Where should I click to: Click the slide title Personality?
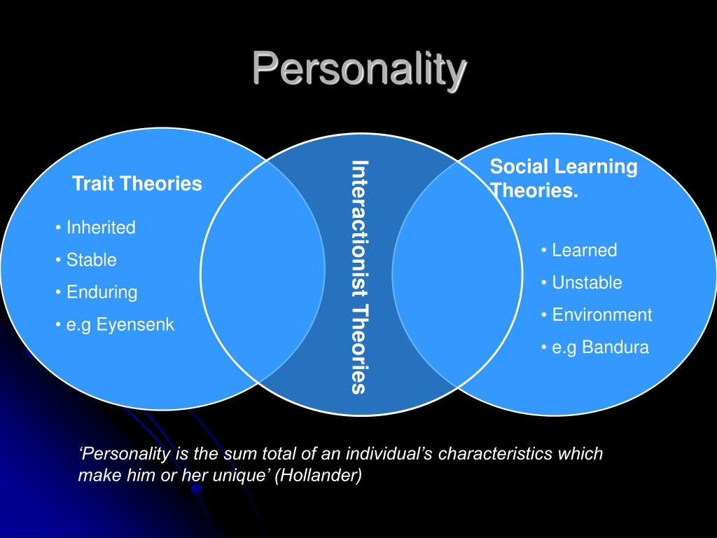coord(359,69)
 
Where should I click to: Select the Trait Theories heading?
coord(137,184)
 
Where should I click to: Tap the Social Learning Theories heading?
coord(564,178)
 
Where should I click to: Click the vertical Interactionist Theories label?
coord(360,277)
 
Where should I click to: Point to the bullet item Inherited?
coord(101,228)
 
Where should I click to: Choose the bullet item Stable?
coord(92,260)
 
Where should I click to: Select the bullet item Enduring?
coord(102,292)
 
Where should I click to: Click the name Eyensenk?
coord(135,325)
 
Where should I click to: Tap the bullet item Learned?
coord(585,250)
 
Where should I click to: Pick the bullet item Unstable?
coord(587,283)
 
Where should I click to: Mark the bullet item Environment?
coord(602,315)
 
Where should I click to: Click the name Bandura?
coord(615,347)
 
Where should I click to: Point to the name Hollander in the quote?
coord(319,475)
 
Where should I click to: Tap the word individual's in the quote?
coord(389,453)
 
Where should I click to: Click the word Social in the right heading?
coord(515,166)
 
